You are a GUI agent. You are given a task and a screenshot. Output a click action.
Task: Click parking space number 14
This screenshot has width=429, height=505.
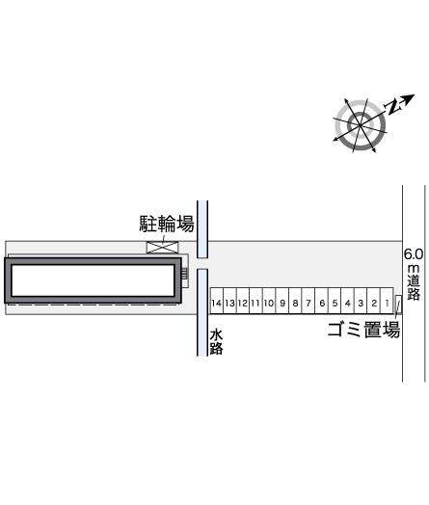[x=217, y=301]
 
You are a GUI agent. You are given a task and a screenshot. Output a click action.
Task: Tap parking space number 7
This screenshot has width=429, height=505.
[x=308, y=301]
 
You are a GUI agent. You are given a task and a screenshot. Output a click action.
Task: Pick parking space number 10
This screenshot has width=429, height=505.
[x=269, y=301]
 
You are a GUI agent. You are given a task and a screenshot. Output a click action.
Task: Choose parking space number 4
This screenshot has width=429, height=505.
[x=347, y=301]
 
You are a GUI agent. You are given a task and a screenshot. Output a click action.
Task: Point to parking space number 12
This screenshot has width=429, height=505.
[x=243, y=301]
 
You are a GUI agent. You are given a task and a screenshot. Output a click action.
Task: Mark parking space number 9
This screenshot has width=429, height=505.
[x=282, y=301]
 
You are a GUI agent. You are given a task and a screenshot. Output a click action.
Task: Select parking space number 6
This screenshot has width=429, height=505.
[x=321, y=301]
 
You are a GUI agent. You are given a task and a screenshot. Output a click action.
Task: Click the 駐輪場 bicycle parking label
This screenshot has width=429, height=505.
[x=167, y=224]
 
